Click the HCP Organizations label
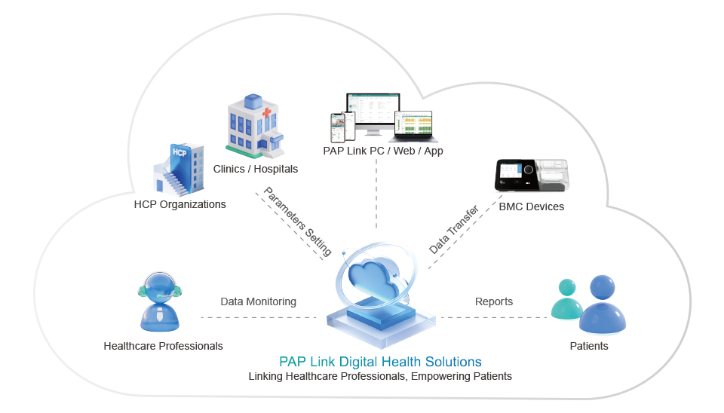[179, 204]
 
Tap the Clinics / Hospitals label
[256, 169]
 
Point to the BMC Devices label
[531, 206]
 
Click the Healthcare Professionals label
[163, 346]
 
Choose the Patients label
[588, 346]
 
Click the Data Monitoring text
[258, 301]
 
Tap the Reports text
[494, 301]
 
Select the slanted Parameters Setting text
[297, 221]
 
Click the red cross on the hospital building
[268, 115]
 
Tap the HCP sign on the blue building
[179, 152]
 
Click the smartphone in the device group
[337, 127]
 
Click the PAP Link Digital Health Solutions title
[380, 362]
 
